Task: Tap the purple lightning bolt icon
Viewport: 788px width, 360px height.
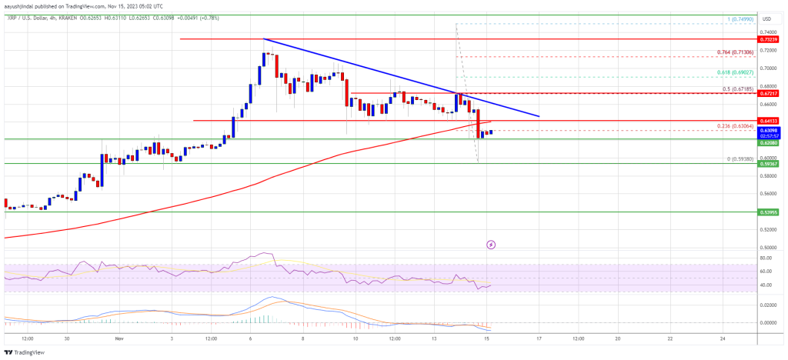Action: pyautogui.click(x=491, y=245)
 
